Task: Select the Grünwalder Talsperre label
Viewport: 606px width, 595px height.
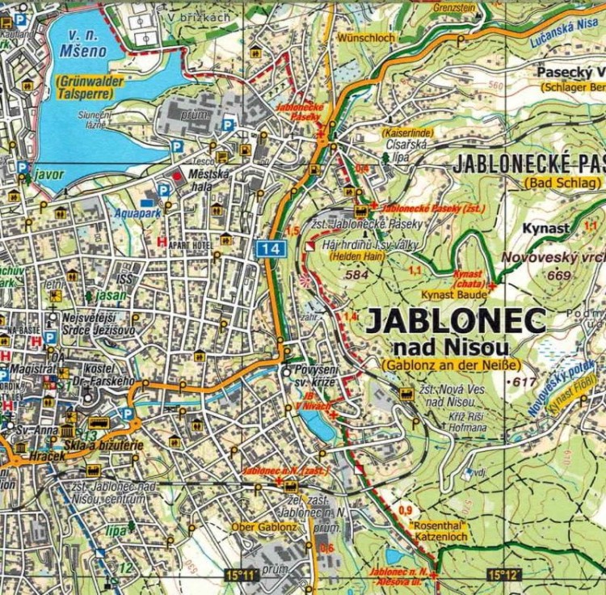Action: (86, 87)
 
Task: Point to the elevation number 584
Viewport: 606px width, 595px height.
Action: (356, 276)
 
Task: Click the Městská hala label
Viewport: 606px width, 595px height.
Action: (208, 180)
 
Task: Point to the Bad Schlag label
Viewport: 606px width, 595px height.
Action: (562, 184)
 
